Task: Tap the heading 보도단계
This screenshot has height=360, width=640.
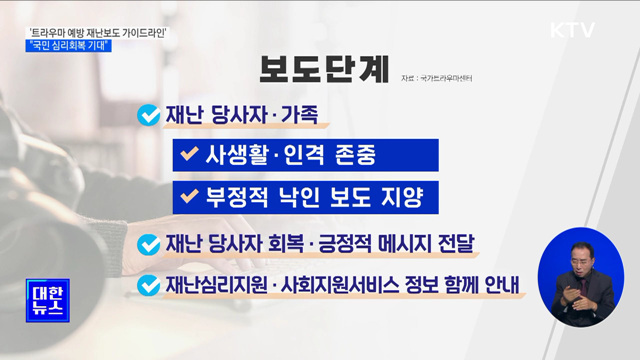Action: pos(320,72)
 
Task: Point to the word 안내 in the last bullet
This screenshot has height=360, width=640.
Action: pos(500,284)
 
